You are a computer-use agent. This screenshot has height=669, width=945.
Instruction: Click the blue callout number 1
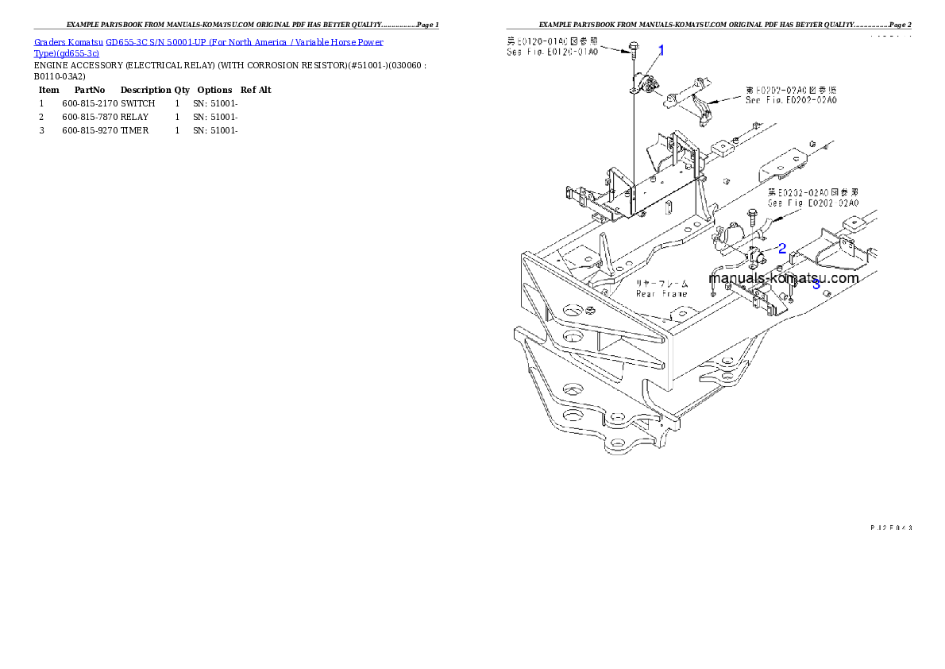point(661,50)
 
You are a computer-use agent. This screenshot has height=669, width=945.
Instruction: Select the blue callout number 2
point(782,248)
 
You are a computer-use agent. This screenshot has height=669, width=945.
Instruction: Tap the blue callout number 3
point(816,284)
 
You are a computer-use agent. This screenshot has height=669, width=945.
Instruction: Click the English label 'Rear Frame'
point(661,294)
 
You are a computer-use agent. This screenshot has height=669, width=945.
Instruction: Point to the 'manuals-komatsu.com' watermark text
point(783,278)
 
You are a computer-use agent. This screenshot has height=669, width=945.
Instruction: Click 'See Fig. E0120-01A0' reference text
point(553,52)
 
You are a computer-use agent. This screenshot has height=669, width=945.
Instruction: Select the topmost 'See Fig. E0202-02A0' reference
point(790,100)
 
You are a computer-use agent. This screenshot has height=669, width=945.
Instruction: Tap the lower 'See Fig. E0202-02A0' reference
point(813,203)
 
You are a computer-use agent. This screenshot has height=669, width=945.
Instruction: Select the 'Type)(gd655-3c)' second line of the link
point(67,53)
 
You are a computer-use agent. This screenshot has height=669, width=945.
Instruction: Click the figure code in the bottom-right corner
point(890,527)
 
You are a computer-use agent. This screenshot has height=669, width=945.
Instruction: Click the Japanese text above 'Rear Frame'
point(661,284)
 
